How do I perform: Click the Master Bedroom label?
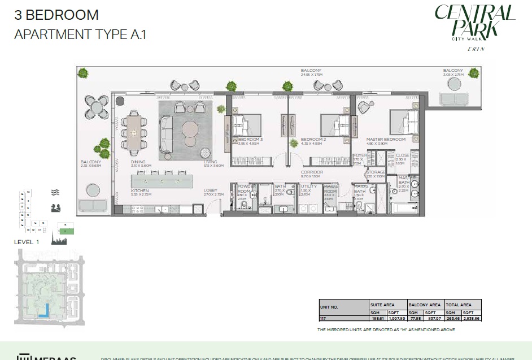point(386,139)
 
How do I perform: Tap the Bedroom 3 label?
point(250,139)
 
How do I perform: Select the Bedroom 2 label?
point(313,139)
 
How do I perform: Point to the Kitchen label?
point(139,191)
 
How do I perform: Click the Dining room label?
point(138,162)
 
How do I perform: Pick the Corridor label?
point(312,172)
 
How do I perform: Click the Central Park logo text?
point(474,21)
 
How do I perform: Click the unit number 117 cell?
point(322,319)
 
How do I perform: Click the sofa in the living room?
point(166,134)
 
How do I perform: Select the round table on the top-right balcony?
point(454,84)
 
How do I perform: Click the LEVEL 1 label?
point(26,242)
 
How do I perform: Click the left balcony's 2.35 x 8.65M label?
point(90,166)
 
